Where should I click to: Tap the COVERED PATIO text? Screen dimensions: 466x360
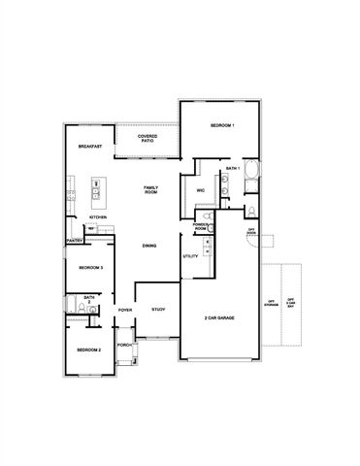147,139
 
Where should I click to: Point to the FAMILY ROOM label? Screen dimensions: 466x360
150,188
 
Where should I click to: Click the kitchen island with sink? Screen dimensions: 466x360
97,191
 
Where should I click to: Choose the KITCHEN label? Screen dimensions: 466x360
84,217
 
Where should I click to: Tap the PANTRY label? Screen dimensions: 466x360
73,240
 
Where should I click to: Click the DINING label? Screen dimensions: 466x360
149,246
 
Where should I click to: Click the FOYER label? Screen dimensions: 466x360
125,310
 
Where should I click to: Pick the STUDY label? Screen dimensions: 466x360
158,310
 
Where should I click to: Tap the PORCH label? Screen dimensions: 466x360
124,345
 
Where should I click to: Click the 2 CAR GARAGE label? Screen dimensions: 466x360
220,317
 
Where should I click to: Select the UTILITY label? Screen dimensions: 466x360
190,256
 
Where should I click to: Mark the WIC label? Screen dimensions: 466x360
199,189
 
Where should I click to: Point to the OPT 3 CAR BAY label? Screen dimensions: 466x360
291,302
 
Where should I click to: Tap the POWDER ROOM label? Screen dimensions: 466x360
201,226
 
